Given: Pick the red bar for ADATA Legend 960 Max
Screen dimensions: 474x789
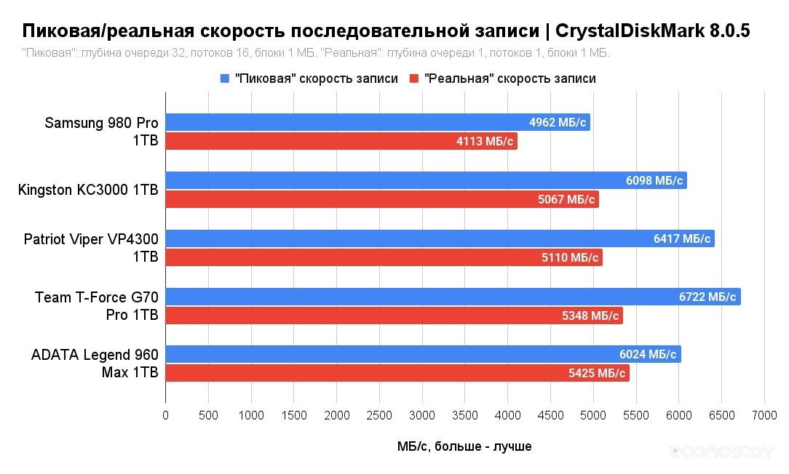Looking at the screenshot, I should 364,373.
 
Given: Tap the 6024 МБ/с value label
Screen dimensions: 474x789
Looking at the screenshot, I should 646,354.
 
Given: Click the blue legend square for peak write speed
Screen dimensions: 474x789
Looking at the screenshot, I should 224,79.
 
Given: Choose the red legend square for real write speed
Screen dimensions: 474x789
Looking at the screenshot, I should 414,79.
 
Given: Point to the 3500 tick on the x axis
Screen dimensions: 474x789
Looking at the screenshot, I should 465,416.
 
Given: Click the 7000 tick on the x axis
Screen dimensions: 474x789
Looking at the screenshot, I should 764,416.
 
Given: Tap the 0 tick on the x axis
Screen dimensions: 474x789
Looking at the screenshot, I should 166,416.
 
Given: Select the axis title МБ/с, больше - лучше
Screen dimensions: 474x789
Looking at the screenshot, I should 464,446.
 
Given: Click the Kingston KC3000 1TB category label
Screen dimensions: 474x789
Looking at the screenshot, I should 88,190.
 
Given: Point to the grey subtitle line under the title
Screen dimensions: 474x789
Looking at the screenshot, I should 316,53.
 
